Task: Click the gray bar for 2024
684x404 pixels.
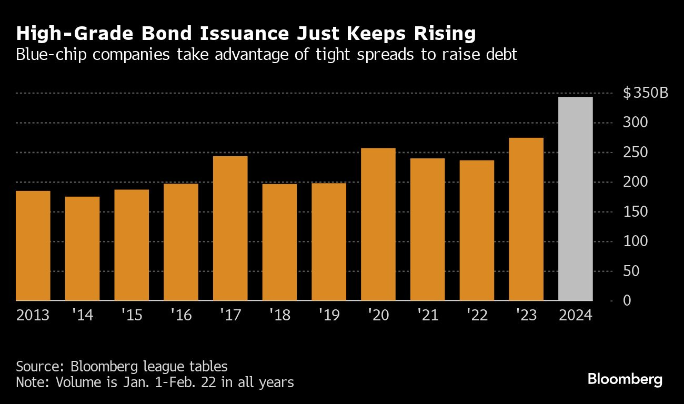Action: coord(575,199)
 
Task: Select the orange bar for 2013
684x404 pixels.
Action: coord(33,246)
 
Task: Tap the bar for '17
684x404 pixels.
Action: coord(230,228)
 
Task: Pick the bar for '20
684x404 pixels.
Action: coord(378,224)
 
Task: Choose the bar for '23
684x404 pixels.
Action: coord(526,219)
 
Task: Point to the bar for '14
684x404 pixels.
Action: coord(82,248)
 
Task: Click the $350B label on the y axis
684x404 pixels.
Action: coord(646,94)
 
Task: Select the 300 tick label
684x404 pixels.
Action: coord(635,123)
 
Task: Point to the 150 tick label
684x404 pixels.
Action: coord(635,212)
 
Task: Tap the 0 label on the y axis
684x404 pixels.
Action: coord(627,301)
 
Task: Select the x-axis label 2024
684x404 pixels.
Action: coord(575,316)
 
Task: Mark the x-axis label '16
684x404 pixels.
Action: coord(180,316)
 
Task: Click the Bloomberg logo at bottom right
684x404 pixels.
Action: coord(625,379)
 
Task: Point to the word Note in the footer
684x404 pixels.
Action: coord(29,382)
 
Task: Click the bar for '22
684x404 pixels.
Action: coord(477,230)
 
